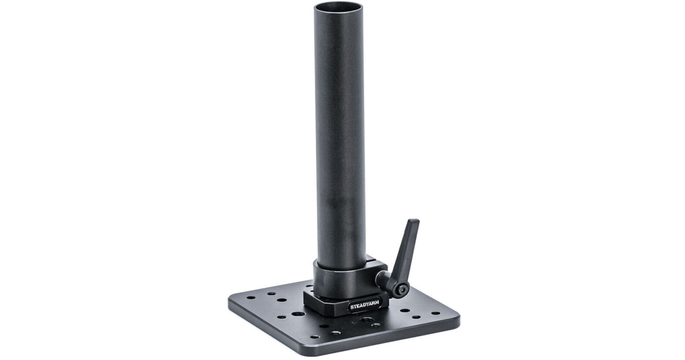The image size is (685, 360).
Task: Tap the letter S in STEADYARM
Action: pos(352,308)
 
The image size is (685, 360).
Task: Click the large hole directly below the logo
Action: pos(367,321)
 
